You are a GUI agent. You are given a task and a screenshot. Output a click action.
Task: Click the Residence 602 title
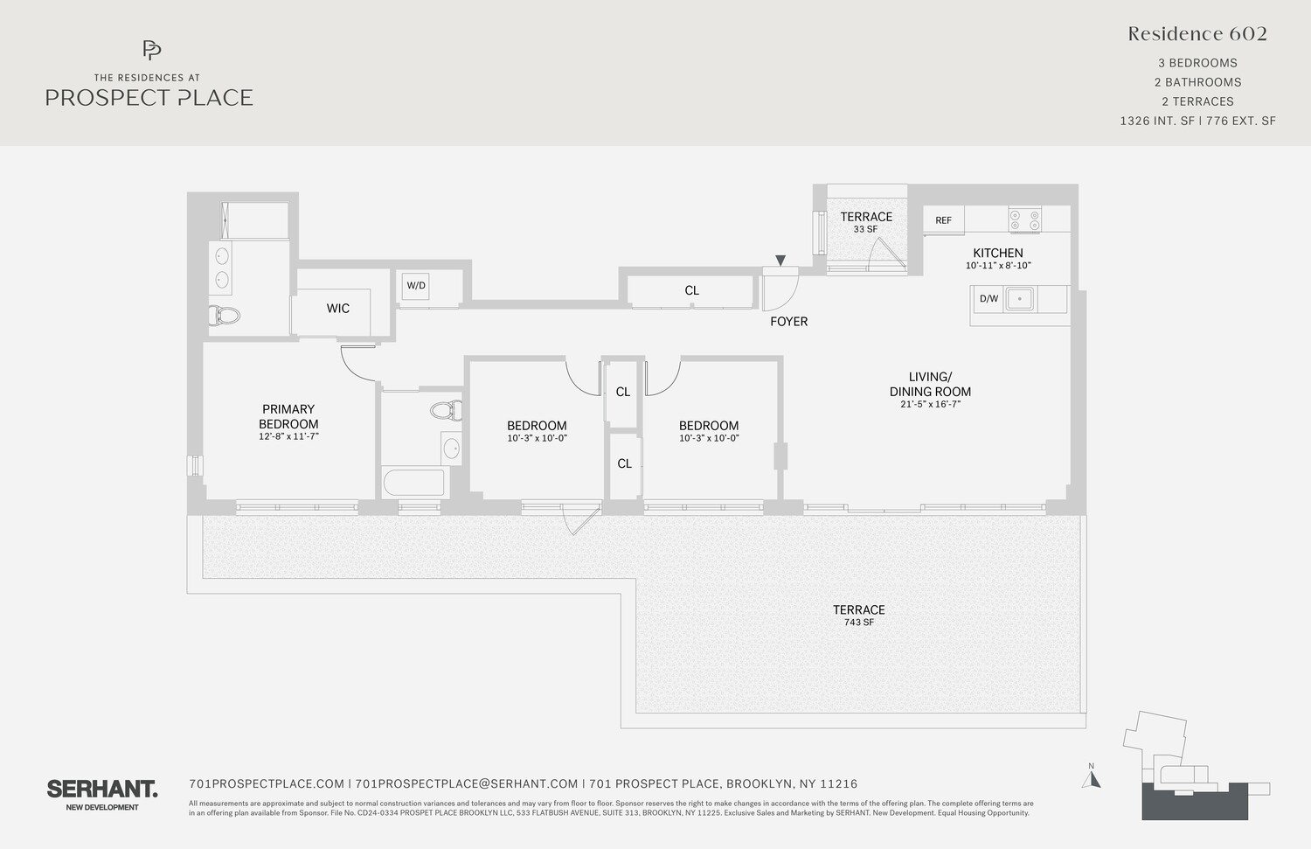pos(1197,34)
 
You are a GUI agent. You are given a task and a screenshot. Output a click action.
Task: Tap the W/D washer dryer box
pos(416,286)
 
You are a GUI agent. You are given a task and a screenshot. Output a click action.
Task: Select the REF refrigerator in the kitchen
pos(943,220)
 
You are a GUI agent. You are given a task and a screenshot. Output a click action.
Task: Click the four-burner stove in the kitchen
pos(1024,219)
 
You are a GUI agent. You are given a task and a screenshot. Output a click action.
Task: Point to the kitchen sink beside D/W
pos(1019,299)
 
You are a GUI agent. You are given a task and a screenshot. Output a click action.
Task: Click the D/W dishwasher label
pos(988,299)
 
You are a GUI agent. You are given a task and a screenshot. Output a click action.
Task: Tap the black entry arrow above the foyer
pos(780,261)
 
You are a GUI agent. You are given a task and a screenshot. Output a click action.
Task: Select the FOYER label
pos(788,322)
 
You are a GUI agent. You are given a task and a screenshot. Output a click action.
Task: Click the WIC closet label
pos(337,309)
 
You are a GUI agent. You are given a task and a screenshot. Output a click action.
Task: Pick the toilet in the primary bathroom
pos(225,316)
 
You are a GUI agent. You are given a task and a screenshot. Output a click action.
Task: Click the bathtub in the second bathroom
pos(414,483)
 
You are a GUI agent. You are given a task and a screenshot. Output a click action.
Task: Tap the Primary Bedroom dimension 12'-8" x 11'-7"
pos(288,436)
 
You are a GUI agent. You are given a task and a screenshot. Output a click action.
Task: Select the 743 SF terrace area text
pos(858,623)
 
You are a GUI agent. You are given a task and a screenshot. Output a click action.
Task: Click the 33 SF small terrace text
pos(865,230)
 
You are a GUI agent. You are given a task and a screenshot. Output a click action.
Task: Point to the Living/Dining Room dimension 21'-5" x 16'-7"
pos(930,405)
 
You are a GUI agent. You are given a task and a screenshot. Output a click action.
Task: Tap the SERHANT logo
pos(102,789)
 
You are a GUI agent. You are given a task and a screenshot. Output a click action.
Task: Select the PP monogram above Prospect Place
pos(151,50)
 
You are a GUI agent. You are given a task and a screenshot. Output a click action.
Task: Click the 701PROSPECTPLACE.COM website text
pos(267,784)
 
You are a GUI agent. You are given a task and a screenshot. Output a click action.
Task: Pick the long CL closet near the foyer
pos(691,291)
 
